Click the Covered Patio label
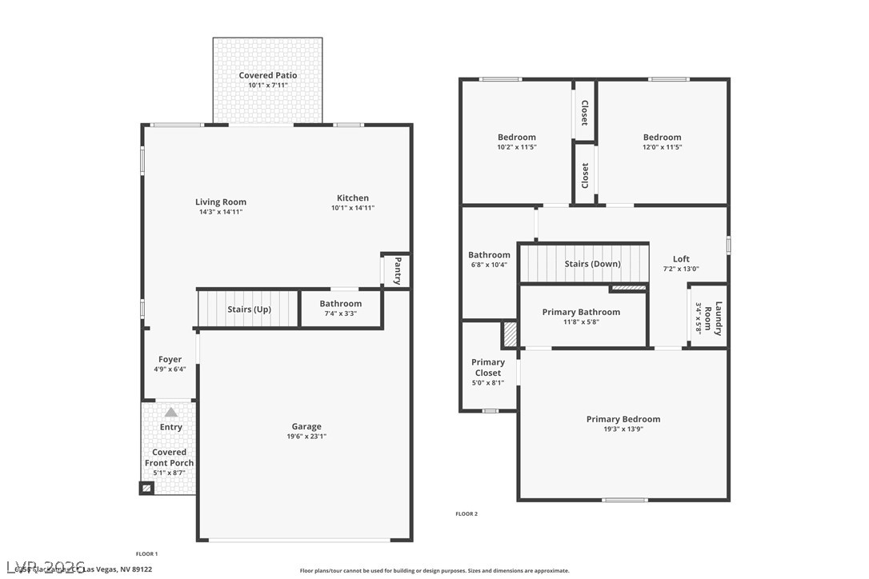tap(267, 75)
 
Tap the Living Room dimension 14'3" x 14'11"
tap(221, 212)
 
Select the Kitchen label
tap(352, 198)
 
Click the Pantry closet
tap(396, 270)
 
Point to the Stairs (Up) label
tap(249, 309)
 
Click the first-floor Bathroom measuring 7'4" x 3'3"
tap(340, 308)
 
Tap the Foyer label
tap(170, 360)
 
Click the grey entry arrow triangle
tap(170, 413)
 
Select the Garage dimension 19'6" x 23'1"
tap(306, 437)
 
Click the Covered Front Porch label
tap(169, 457)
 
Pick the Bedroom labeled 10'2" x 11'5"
tap(516, 142)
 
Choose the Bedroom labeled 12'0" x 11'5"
tap(662, 142)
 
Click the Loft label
tap(681, 259)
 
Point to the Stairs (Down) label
tap(592, 264)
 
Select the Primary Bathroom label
tap(581, 312)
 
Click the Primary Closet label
tap(487, 368)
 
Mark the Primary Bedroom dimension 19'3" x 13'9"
tap(623, 429)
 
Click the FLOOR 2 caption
tap(467, 513)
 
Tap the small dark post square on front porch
tap(146, 487)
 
